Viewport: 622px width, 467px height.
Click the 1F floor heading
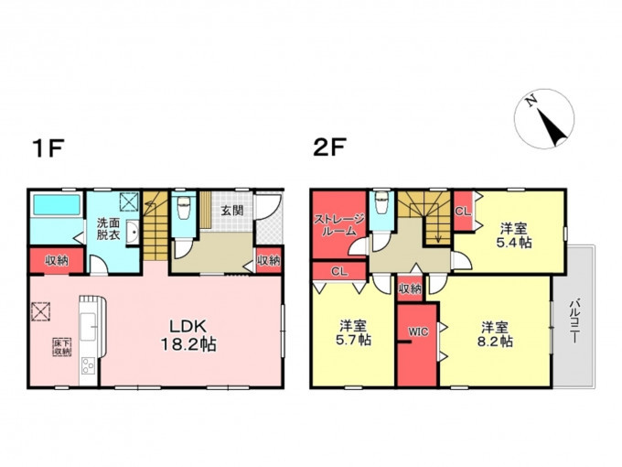click(x=48, y=147)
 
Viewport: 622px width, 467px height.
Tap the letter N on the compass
click(x=531, y=102)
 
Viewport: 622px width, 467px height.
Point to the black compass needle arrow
click(x=552, y=127)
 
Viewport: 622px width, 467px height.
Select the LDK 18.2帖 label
click(x=188, y=335)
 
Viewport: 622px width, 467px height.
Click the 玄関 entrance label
click(x=232, y=211)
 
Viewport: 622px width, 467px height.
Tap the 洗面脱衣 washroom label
click(x=108, y=228)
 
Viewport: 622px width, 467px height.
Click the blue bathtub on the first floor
click(x=57, y=205)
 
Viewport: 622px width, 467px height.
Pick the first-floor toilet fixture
click(x=184, y=207)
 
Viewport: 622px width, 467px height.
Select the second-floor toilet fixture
click(x=381, y=202)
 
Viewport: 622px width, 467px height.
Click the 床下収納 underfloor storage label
click(x=63, y=346)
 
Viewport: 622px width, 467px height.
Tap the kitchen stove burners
click(x=88, y=365)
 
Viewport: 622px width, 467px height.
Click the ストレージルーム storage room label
click(x=339, y=224)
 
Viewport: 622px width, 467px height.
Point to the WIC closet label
click(x=419, y=331)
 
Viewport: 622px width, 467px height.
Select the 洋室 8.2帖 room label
click(x=495, y=335)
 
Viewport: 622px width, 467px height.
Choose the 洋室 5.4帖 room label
click(x=514, y=235)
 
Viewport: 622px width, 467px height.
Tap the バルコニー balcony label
click(x=574, y=320)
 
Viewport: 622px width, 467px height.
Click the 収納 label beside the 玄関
click(x=269, y=260)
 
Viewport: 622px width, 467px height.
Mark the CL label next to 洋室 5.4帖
click(x=463, y=212)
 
